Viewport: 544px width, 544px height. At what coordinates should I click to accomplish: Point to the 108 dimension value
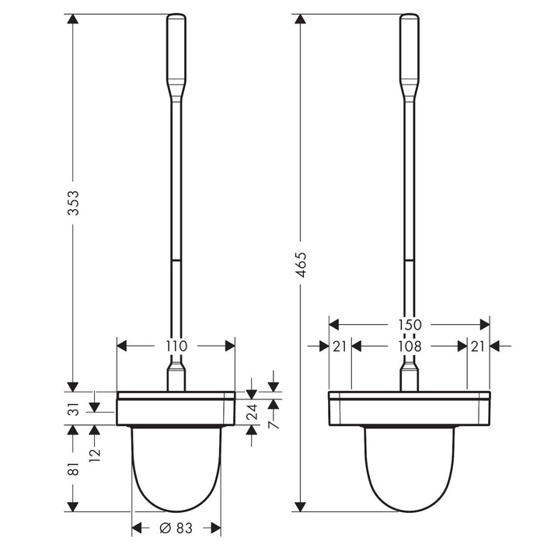click(x=410, y=347)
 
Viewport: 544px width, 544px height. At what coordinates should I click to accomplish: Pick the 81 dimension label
click(x=72, y=469)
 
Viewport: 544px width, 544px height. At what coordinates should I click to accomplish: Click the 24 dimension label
click(x=252, y=413)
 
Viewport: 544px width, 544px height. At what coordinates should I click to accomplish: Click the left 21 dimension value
click(x=339, y=347)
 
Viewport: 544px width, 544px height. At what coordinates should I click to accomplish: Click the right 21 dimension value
click(x=478, y=347)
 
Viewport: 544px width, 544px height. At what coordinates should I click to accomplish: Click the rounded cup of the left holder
click(x=176, y=470)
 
